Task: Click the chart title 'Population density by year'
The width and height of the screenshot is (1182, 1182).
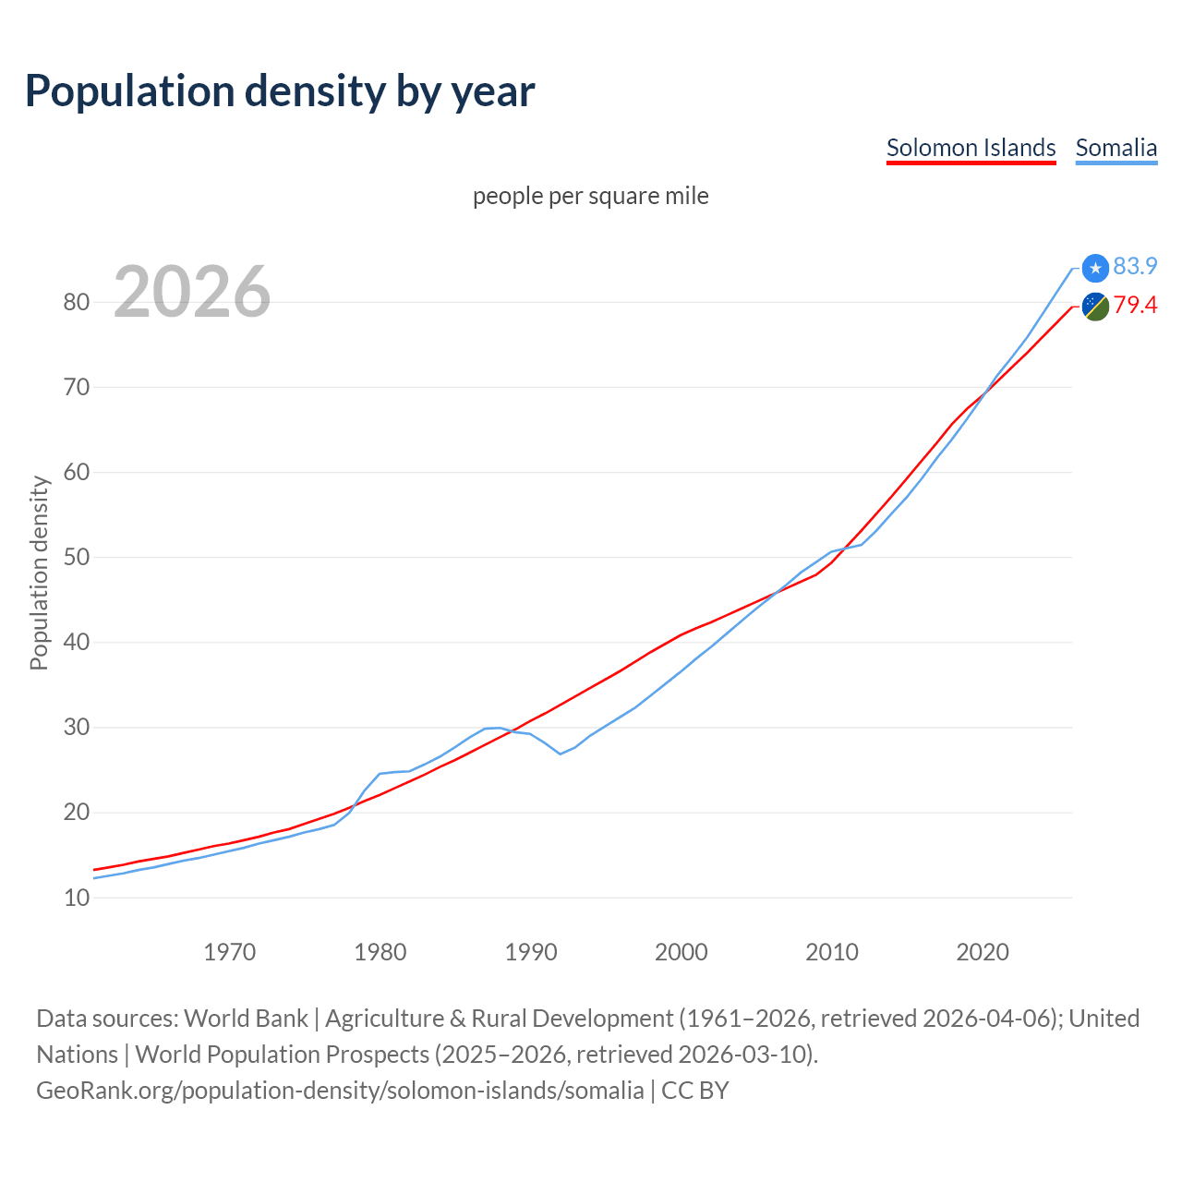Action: coord(280,91)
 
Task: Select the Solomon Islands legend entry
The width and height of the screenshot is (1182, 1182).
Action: coord(971,148)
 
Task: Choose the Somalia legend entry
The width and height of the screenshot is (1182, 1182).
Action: coord(1116,148)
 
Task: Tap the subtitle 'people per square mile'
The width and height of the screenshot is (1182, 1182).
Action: coord(591,197)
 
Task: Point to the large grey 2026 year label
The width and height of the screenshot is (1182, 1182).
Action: coord(192,292)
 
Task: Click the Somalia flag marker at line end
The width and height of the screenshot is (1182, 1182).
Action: coord(1095,268)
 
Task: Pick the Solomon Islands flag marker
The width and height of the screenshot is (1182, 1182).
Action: coord(1095,306)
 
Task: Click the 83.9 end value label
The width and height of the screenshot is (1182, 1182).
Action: coord(1135,267)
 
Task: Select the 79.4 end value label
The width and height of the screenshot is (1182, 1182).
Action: coord(1135,306)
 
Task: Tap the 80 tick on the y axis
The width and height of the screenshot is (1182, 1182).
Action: coord(77,303)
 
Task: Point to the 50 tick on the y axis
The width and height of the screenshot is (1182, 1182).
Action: coord(77,558)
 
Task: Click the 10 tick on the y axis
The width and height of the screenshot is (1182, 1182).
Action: coord(77,898)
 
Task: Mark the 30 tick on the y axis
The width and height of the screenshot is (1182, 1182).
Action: coord(77,728)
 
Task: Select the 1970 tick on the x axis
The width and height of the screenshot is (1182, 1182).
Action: coord(229,952)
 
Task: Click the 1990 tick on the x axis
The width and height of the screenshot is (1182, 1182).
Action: coord(531,952)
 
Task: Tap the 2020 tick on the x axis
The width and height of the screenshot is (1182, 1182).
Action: coord(983,952)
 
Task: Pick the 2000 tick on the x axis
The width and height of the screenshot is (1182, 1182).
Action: coord(681,952)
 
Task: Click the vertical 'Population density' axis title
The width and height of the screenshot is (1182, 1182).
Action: coord(39,573)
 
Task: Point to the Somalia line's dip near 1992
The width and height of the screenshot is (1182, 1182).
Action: coord(561,754)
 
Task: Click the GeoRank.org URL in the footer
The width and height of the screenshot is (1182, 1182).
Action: coord(340,1091)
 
